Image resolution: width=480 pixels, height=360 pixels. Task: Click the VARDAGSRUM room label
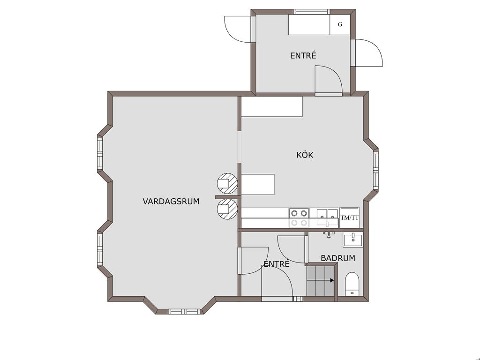click(171, 202)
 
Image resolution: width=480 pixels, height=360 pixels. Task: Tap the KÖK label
click(305, 155)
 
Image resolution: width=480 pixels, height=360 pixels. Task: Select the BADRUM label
click(338, 258)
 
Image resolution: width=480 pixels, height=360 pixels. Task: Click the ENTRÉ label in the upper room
click(303, 55)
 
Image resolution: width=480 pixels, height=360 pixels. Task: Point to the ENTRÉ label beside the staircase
click(277, 264)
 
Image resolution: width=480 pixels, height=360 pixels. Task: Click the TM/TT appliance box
click(350, 217)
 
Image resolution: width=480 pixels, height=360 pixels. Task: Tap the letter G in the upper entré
click(340, 24)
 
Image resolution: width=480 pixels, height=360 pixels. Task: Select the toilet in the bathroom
click(352, 284)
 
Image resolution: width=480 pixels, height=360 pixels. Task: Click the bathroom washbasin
click(353, 240)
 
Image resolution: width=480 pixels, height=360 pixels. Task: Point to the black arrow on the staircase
click(332, 280)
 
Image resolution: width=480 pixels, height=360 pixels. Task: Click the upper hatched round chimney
click(227, 183)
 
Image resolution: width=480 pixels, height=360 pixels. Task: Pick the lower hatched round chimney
click(227, 210)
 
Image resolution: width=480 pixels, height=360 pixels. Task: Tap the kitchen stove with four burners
click(299, 217)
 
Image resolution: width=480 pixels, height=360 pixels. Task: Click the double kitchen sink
click(327, 217)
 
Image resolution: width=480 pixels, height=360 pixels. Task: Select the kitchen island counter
click(258, 184)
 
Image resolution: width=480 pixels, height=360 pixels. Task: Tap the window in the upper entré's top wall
click(312, 12)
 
